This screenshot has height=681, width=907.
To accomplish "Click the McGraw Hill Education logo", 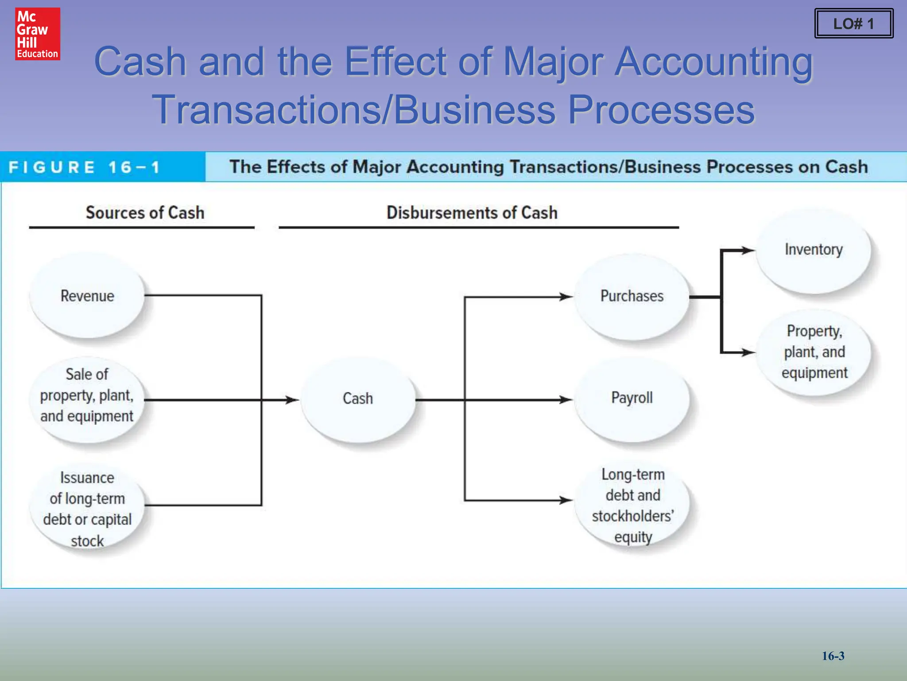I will tap(38, 34).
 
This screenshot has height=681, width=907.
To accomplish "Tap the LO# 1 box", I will tap(853, 23).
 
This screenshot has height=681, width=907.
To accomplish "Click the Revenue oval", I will tap(87, 296).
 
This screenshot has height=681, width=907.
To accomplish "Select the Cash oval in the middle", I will tap(358, 399).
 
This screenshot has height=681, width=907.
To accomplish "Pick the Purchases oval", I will tap(632, 296).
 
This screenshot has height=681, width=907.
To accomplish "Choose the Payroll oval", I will tap(632, 398).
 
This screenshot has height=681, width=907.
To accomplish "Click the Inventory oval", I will tap(814, 250).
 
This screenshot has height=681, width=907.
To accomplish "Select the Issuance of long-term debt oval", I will tap(87, 509).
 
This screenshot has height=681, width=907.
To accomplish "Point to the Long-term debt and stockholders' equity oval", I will tap(633, 505).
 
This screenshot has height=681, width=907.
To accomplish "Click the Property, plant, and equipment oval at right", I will tap(814, 352).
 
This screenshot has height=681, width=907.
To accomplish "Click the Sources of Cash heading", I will tap(145, 213).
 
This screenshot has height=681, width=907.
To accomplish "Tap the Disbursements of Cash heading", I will tap(472, 213).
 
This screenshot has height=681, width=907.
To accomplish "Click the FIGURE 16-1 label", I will tap(84, 168).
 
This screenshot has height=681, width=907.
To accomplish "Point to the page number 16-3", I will tap(833, 656).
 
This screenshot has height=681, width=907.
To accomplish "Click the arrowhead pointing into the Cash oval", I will tap(292, 400).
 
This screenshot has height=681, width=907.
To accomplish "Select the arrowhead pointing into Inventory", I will tap(748, 250).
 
